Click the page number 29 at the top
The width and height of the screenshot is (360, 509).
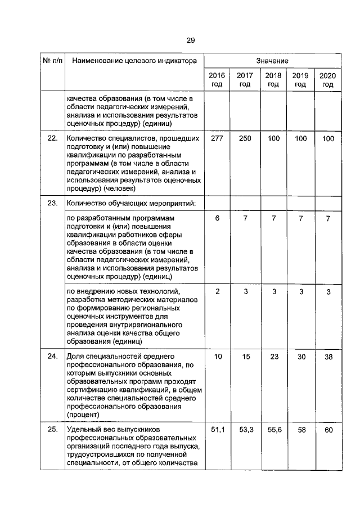(190, 40)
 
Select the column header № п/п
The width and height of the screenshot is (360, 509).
(51, 60)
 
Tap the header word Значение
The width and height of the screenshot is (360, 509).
(272, 60)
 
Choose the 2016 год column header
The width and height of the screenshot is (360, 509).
(217, 80)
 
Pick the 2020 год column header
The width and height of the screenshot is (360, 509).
(327, 80)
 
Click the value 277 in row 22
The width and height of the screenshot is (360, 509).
(217, 138)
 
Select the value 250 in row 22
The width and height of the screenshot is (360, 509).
(245, 138)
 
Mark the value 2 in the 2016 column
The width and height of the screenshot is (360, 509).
(217, 292)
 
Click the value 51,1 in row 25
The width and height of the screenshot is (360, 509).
(217, 430)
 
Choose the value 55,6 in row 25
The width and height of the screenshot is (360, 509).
(273, 430)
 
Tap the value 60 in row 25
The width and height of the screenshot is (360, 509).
(328, 430)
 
